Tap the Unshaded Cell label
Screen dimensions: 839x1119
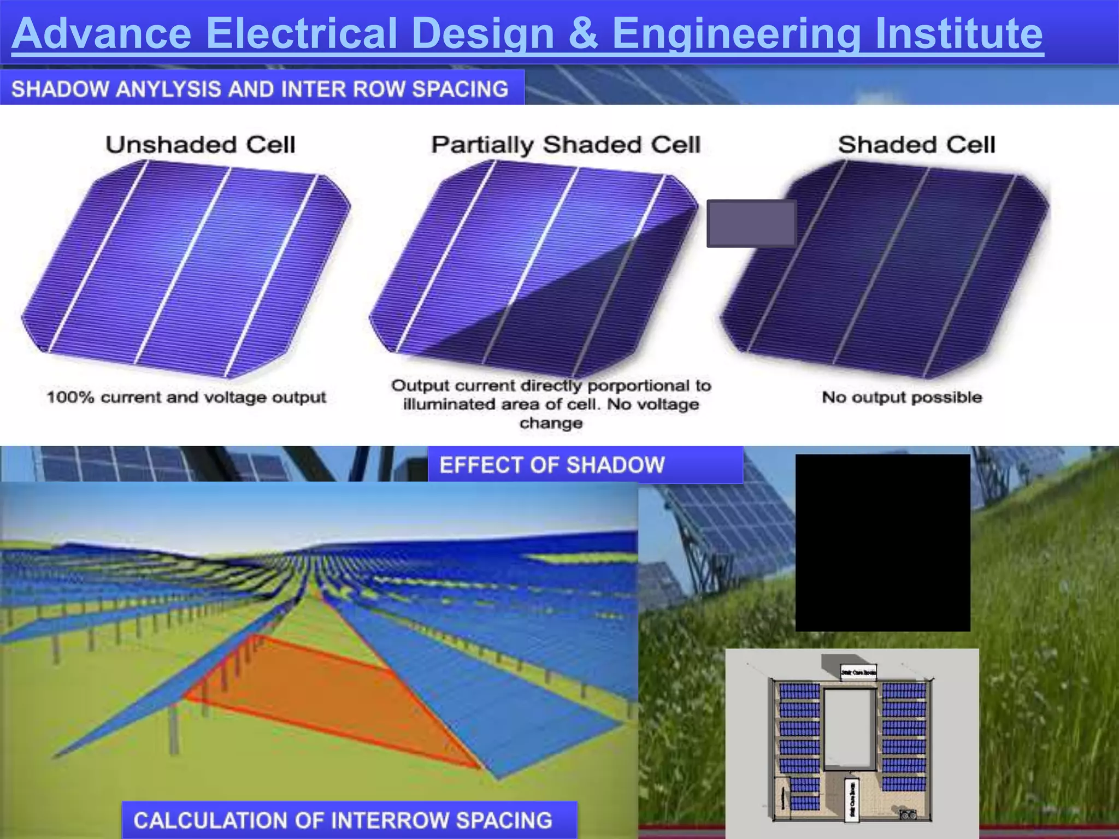(201, 145)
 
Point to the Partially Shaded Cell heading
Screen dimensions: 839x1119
(566, 145)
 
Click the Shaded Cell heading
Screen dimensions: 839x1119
(916, 145)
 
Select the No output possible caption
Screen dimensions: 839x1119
(902, 397)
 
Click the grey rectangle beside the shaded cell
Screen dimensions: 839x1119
(751, 223)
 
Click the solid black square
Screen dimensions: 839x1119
(882, 542)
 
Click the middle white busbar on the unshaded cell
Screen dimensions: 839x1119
(183, 268)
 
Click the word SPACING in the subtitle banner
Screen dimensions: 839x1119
(460, 89)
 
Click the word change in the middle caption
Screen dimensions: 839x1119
(551, 423)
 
